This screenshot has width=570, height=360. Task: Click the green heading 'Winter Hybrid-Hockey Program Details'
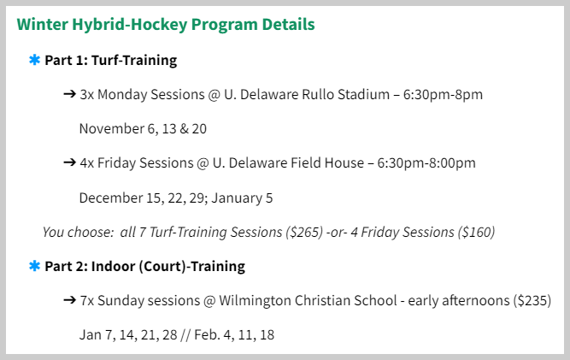[166, 25]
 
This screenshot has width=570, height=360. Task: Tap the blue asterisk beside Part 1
[34, 61]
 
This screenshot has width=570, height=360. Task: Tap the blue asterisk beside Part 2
[34, 266]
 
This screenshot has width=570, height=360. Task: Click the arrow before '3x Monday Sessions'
[69, 94]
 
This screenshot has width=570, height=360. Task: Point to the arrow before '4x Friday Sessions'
[69, 162]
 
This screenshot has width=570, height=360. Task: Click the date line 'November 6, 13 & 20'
[143, 129]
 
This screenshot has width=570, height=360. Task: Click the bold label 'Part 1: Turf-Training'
[111, 61]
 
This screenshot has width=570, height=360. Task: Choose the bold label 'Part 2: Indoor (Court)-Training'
[144, 266]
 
